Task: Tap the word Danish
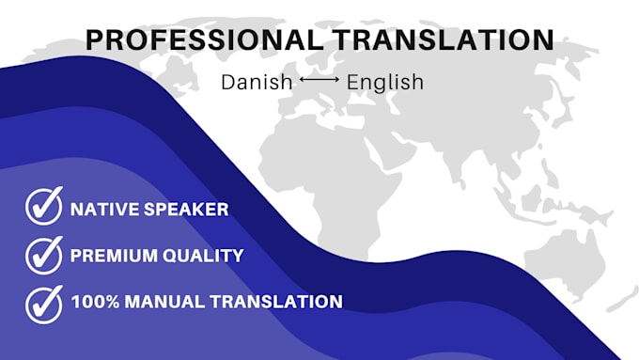(257, 82)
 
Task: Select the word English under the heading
(384, 82)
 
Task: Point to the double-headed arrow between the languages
(319, 82)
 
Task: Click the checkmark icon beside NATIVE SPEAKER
(43, 208)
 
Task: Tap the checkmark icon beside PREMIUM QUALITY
(43, 255)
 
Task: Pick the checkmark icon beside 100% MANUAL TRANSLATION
(43, 302)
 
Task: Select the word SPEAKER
(185, 209)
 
